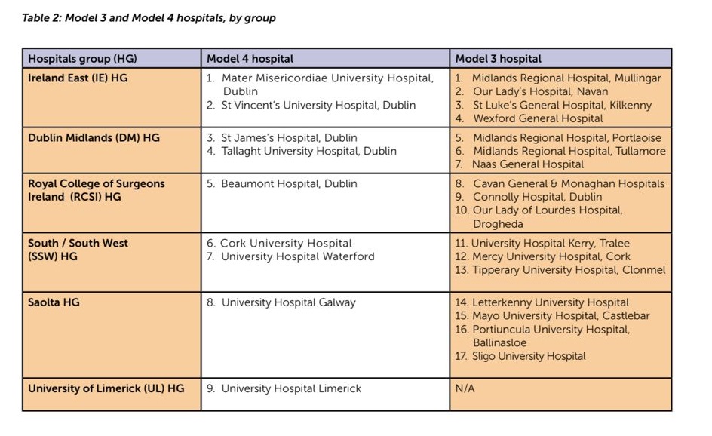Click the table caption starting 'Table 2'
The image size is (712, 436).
[149, 18]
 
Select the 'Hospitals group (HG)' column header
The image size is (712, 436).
[82, 59]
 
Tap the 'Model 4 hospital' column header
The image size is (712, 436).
[250, 59]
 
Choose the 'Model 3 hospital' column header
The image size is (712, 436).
[498, 59]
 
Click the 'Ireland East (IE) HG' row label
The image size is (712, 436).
[78, 78]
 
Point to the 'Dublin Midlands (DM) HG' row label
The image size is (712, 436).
[94, 138]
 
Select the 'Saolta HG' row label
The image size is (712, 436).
[54, 302]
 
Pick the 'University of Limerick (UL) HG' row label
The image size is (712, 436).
[106, 388]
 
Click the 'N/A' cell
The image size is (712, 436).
[465, 388]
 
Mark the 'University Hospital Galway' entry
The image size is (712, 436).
[288, 302]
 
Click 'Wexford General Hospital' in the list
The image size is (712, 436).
[538, 118]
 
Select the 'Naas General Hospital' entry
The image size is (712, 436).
[528, 164]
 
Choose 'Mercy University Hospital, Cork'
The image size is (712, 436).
[551, 256]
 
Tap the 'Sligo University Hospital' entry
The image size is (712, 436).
[529, 356]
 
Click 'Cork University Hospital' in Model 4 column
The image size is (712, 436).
[286, 244]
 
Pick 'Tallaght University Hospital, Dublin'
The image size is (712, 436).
[308, 151]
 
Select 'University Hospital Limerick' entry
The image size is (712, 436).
[291, 388]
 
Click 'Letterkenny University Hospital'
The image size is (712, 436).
[550, 302]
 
